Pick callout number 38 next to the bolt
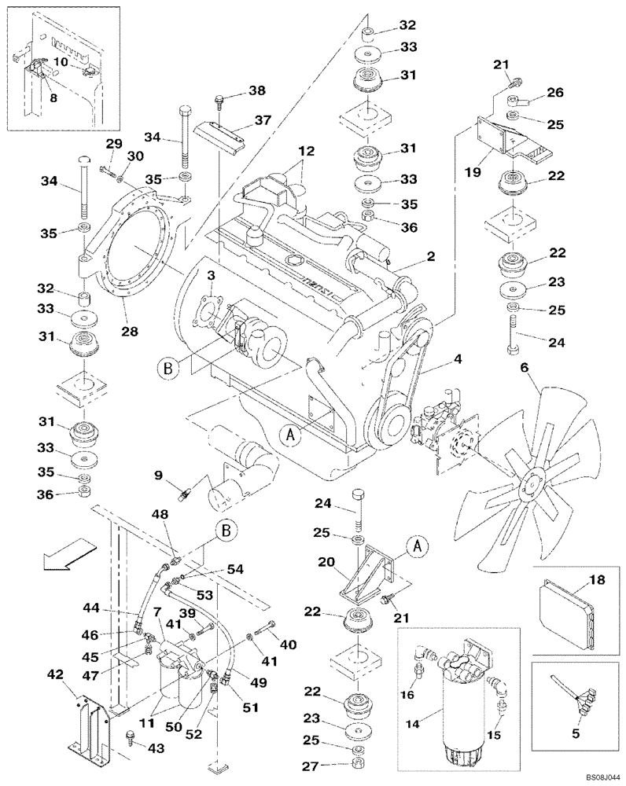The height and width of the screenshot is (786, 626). pyautogui.click(x=256, y=90)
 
